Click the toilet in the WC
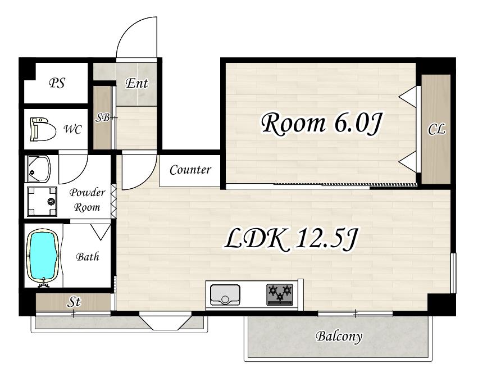point(43,129)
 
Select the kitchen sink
point(225,294)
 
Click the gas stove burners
point(280,294)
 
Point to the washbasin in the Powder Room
point(39,169)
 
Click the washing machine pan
point(42,201)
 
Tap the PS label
point(57,83)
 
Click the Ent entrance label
point(136,83)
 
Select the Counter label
point(190,170)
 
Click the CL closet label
point(436,129)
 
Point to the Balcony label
point(339,337)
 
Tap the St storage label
point(74,302)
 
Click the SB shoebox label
point(102,117)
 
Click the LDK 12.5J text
point(290,239)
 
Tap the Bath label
point(88,257)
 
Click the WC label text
point(72,130)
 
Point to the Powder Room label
point(87,200)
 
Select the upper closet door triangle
point(408,97)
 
